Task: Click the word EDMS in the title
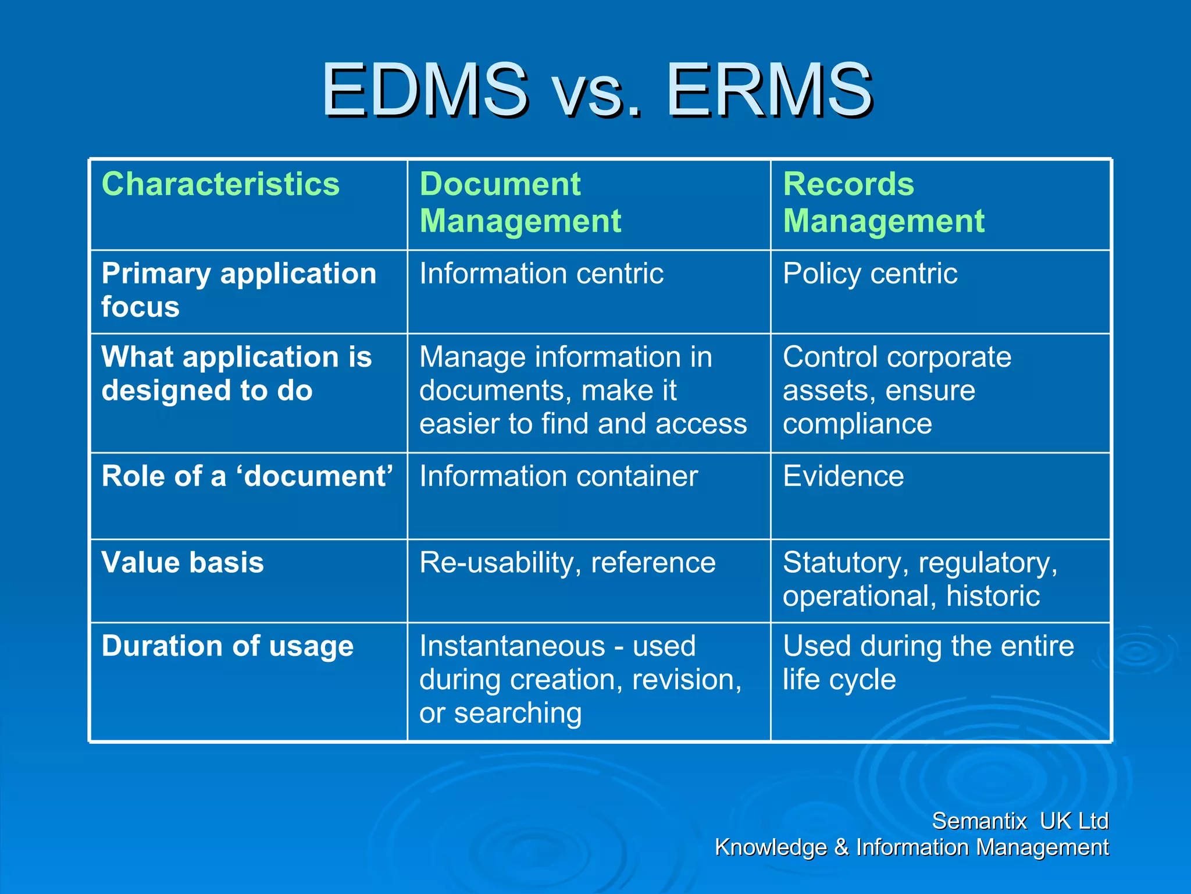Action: (425, 90)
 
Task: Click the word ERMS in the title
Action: (769, 90)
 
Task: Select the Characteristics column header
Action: (220, 185)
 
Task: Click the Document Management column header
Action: (520, 203)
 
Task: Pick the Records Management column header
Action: (883, 203)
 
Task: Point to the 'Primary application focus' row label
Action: (238, 290)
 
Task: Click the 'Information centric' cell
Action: (541, 274)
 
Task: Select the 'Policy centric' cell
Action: (869, 274)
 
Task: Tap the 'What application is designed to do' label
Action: (236, 373)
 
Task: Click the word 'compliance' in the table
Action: (857, 424)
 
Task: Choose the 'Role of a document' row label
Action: (247, 476)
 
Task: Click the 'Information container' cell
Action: (558, 476)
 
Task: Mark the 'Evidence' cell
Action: (843, 476)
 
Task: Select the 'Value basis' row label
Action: (183, 563)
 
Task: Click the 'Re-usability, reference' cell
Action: (568, 563)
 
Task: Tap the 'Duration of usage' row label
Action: (227, 646)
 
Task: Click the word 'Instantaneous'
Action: (512, 646)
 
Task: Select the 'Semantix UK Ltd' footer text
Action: (1020, 821)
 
